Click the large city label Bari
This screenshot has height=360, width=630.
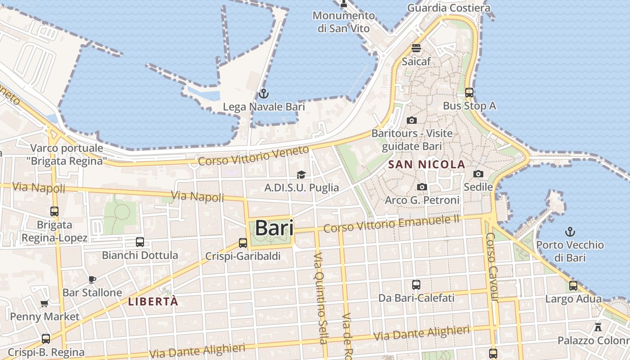click(x=274, y=228)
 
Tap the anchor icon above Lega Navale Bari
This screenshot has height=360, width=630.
click(x=264, y=94)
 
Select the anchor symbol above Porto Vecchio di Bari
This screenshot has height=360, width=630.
click(x=570, y=232)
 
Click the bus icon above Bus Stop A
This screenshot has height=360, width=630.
click(x=469, y=93)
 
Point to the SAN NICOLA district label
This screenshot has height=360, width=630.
click(x=427, y=165)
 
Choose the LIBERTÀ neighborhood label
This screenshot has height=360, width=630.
click(x=153, y=301)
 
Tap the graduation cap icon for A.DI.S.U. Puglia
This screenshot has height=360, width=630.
click(x=301, y=175)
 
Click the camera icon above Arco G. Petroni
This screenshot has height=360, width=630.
click(x=422, y=187)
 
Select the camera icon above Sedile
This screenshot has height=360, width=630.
click(x=478, y=174)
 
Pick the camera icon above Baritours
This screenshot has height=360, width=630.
click(x=411, y=120)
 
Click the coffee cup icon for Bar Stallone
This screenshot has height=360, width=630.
click(x=92, y=279)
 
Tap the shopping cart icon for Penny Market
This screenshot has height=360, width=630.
click(x=45, y=303)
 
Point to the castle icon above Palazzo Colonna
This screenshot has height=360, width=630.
click(x=598, y=327)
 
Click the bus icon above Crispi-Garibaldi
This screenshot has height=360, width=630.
click(x=243, y=243)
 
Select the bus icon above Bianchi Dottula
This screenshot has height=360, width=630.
click(x=140, y=242)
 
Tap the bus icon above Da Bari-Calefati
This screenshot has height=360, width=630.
click(x=416, y=285)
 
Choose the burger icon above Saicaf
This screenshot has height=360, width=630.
click(x=416, y=48)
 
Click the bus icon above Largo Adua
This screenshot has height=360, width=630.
click(x=573, y=286)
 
